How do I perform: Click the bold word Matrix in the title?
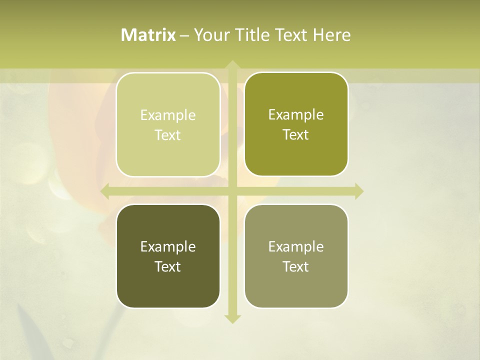tap(148, 35)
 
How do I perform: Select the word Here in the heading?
tap(331, 35)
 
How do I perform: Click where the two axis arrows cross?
tap(232, 191)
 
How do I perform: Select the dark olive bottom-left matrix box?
tap(168, 285)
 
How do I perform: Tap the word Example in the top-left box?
tap(168, 115)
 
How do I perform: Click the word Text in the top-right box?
tap(296, 135)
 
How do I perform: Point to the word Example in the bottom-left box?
tap(168, 247)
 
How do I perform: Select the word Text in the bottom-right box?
tap(296, 266)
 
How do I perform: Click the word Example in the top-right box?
tap(296, 115)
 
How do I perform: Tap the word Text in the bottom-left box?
tap(168, 266)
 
